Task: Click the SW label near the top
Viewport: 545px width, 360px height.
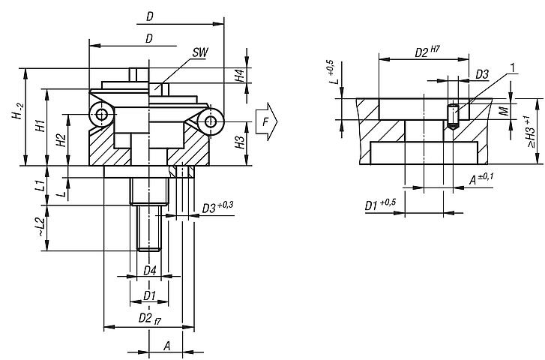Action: tap(199, 52)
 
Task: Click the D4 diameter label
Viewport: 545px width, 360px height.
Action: tap(149, 270)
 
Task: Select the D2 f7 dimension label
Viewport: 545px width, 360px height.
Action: tap(150, 319)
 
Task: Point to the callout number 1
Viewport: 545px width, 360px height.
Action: tap(512, 68)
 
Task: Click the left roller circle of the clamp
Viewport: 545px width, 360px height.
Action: tap(101, 114)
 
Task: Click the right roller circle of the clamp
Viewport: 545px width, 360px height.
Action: tap(212, 121)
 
